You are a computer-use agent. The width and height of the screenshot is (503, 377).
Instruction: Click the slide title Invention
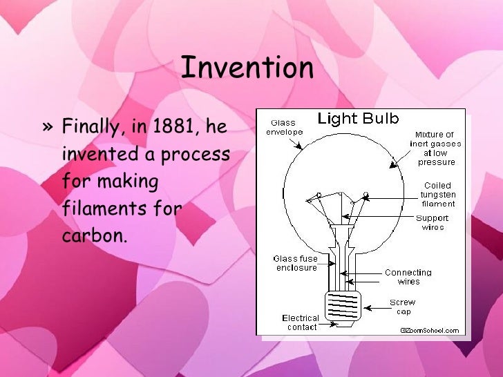click(x=247, y=68)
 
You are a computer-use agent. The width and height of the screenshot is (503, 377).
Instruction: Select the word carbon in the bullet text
click(x=95, y=234)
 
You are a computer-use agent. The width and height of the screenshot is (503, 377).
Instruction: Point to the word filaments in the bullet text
click(x=102, y=208)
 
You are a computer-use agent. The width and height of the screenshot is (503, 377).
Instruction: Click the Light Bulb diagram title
click(x=358, y=119)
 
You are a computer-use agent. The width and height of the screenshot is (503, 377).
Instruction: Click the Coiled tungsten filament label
click(x=437, y=195)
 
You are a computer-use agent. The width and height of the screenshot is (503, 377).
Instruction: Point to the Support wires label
click(x=433, y=222)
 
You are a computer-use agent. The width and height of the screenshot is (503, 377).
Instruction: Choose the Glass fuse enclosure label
click(x=295, y=263)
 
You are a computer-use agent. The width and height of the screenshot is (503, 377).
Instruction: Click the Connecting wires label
click(x=408, y=277)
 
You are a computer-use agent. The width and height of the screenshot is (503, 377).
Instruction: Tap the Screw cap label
click(x=402, y=307)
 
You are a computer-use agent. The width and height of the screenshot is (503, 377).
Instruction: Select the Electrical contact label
click(x=301, y=322)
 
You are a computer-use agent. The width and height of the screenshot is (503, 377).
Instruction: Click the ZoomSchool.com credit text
click(x=430, y=330)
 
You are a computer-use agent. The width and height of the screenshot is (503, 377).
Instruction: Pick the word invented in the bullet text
click(x=99, y=154)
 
